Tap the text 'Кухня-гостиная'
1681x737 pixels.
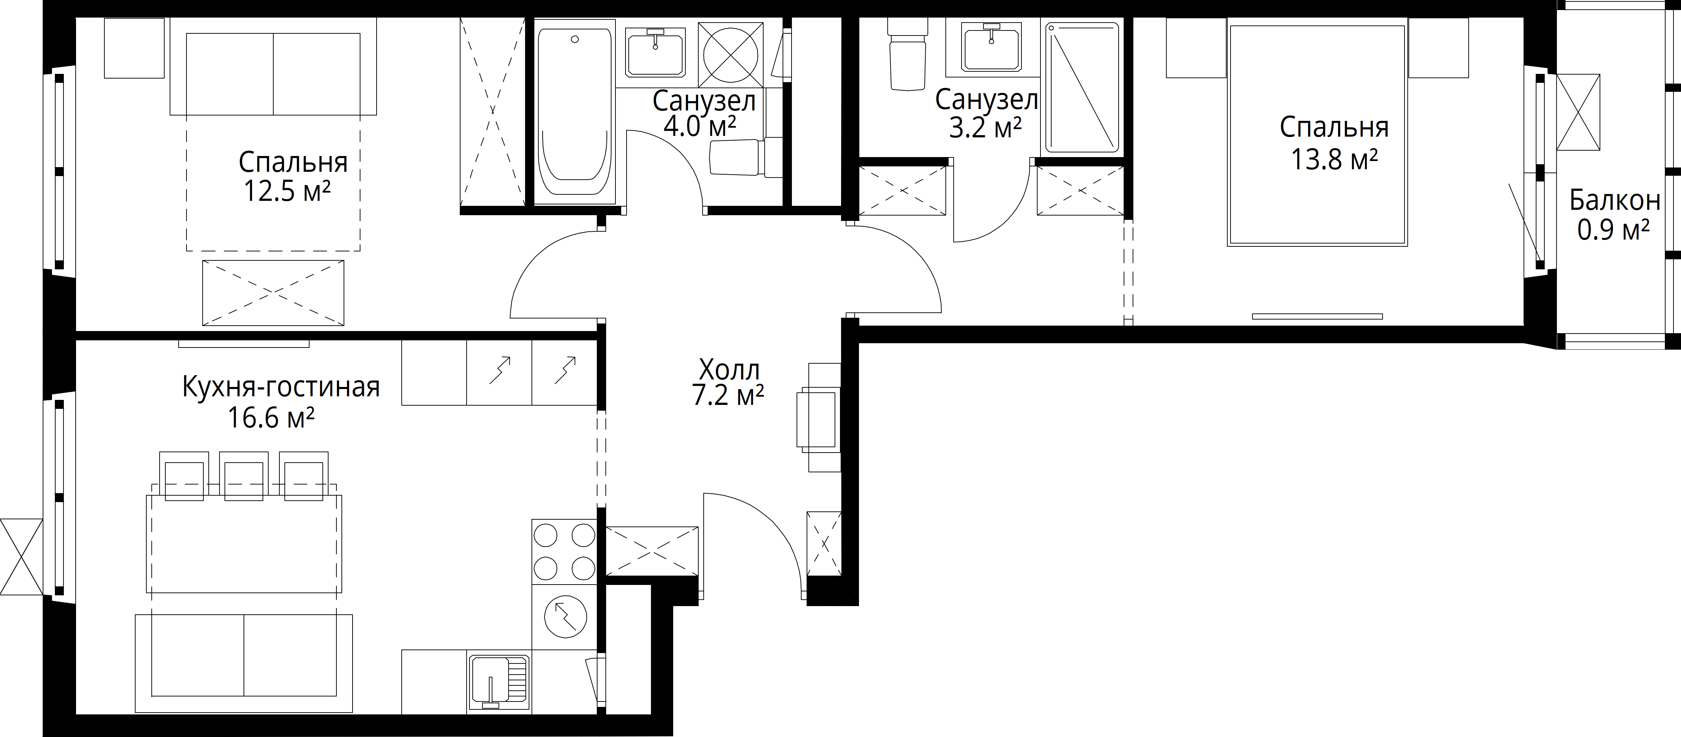click(280, 387)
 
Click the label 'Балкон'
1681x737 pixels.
click(1614, 200)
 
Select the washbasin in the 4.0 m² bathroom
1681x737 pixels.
click(655, 52)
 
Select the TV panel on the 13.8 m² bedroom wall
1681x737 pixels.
click(1317, 317)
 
